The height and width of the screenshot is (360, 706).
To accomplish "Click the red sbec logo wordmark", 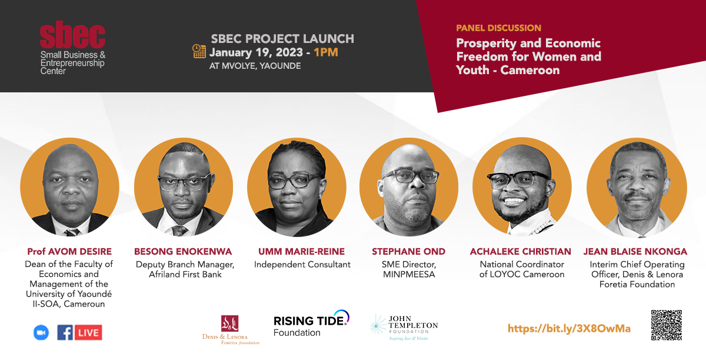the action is coord(72,34).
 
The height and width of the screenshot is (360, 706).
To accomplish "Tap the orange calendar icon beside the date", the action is coord(199,51).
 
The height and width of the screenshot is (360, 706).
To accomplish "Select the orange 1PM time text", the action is coord(326,52).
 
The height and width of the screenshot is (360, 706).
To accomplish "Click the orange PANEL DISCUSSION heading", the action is coord(499,28).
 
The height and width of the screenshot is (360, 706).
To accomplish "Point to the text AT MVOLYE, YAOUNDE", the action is coord(255,66).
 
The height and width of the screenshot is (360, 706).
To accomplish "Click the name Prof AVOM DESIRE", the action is coord(69,252).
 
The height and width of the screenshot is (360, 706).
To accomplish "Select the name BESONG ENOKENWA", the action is coord(183,252).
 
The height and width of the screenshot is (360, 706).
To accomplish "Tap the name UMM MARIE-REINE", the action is coord(302,252).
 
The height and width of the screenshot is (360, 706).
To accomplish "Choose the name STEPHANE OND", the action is coord(408,252).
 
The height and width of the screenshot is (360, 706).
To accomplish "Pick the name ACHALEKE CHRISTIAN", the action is coord(520,252).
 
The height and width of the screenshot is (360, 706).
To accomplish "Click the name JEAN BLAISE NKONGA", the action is coord(635,252).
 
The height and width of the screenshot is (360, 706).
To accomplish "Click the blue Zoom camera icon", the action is coord(41,332).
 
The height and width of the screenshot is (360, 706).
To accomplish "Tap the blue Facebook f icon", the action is coord(65,332).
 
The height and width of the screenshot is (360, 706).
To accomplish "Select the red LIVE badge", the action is coord(88,332).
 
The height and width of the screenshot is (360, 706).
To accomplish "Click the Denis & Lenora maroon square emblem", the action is coord(230,324).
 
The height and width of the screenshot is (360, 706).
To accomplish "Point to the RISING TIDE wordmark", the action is coord(309,321).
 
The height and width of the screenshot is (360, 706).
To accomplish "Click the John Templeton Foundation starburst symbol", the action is coord(378,324).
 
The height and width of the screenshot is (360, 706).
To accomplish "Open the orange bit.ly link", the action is coord(569,329).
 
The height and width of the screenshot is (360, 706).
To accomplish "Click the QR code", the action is coord(667,325).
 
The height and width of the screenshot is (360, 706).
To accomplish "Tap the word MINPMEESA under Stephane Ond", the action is coord(409,275).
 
